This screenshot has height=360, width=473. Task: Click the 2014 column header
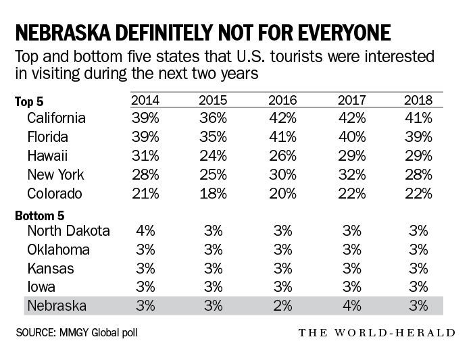(x=145, y=100)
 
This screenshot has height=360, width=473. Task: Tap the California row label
(x=56, y=118)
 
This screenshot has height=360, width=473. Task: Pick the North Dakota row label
(x=68, y=230)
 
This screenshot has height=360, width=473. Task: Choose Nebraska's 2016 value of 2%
(x=282, y=305)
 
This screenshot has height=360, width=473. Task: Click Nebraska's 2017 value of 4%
(x=351, y=305)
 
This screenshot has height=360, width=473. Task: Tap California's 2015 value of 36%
(x=214, y=118)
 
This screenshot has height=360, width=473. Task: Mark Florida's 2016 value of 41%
(x=282, y=137)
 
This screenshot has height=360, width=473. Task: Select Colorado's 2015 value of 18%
(x=214, y=193)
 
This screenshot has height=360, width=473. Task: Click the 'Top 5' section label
(x=29, y=102)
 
